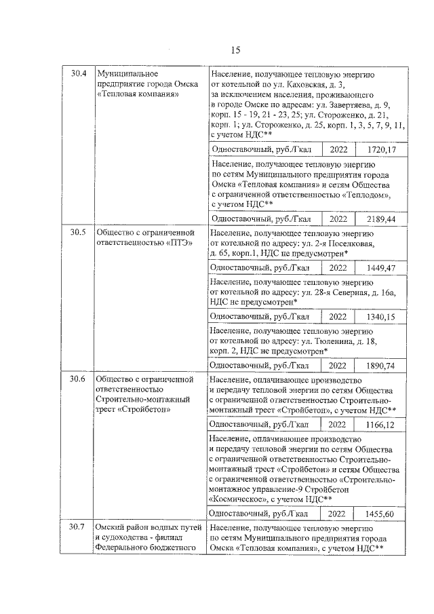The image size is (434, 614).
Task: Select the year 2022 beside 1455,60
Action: click(337, 513)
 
